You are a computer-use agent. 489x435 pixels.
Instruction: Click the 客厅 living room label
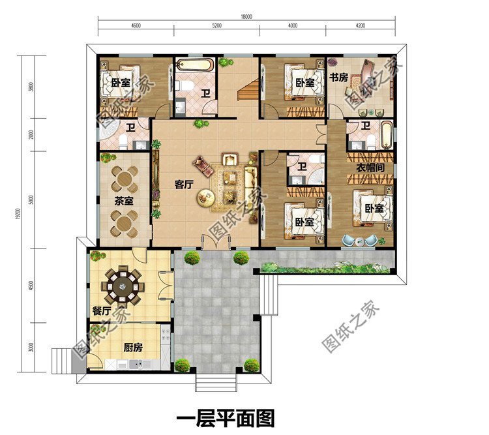pos(185,185)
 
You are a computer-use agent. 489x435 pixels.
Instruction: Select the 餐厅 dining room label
pos(101,310)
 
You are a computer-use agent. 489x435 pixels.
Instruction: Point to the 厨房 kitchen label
pos(134,347)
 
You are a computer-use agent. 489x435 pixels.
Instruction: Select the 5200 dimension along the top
pos(216,26)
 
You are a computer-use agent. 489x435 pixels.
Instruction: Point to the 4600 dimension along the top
pos(136,26)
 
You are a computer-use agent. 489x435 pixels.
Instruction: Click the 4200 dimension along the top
pos(360,26)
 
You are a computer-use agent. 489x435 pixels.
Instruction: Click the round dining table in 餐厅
pos(123,284)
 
